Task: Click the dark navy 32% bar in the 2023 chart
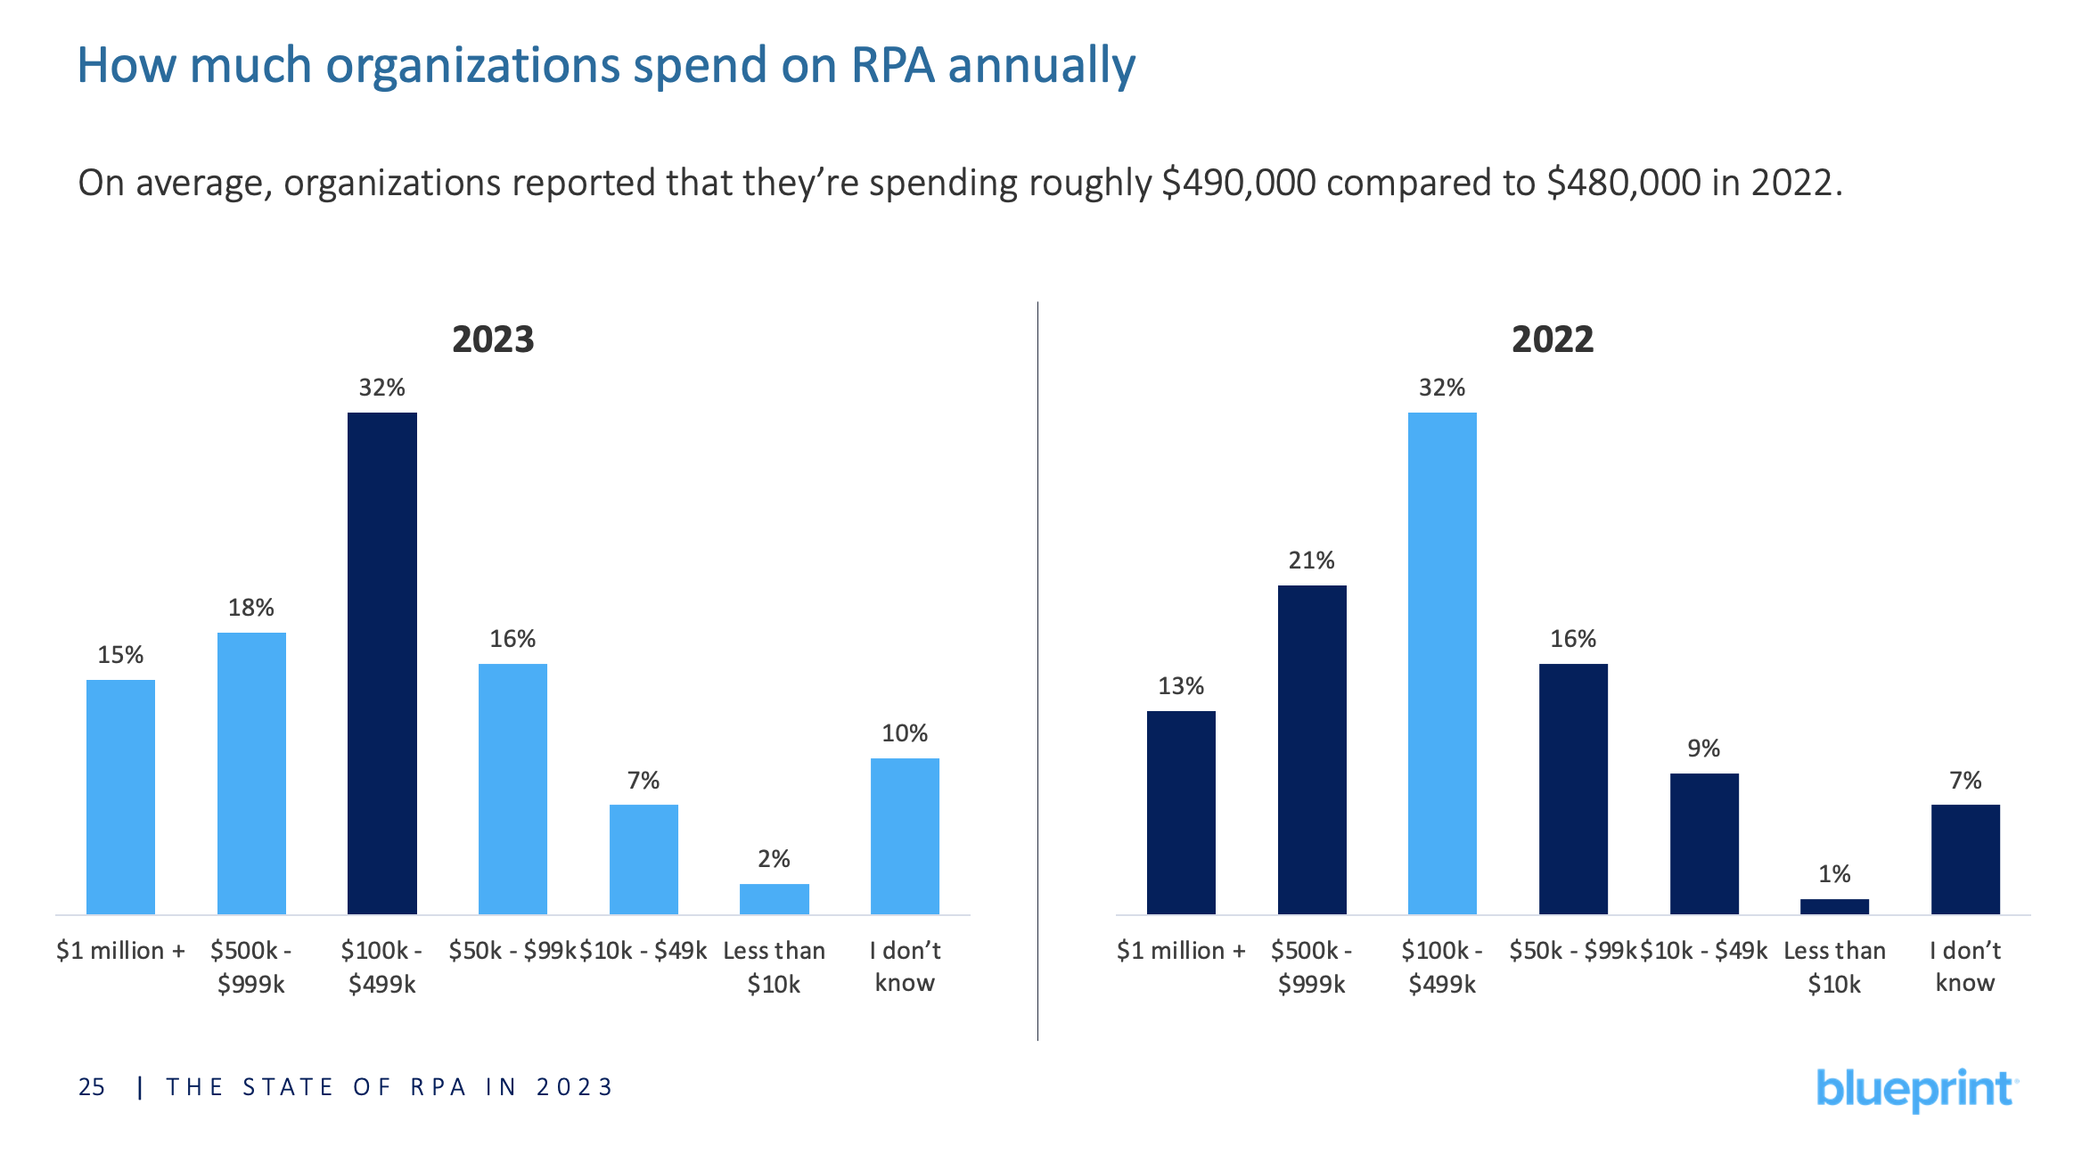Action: (x=381, y=663)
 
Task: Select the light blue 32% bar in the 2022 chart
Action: (x=1441, y=663)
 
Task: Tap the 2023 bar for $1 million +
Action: (x=120, y=797)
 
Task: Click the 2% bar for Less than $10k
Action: (x=774, y=898)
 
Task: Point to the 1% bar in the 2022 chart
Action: (x=1833, y=906)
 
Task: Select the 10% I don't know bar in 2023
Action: (x=904, y=836)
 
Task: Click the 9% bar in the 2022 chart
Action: (x=1703, y=843)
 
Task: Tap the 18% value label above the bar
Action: (x=250, y=608)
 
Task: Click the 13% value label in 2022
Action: (x=1180, y=686)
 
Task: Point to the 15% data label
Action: (x=120, y=655)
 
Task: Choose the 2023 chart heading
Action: (x=493, y=340)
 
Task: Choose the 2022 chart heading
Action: (x=1552, y=340)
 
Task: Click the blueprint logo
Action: (x=1915, y=1089)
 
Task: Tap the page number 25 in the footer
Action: (x=92, y=1087)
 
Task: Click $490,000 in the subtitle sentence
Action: (x=1239, y=183)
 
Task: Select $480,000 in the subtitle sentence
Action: (x=1624, y=183)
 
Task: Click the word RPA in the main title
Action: (x=892, y=65)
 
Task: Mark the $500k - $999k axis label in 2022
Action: (x=1311, y=967)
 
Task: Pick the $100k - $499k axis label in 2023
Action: (x=381, y=967)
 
